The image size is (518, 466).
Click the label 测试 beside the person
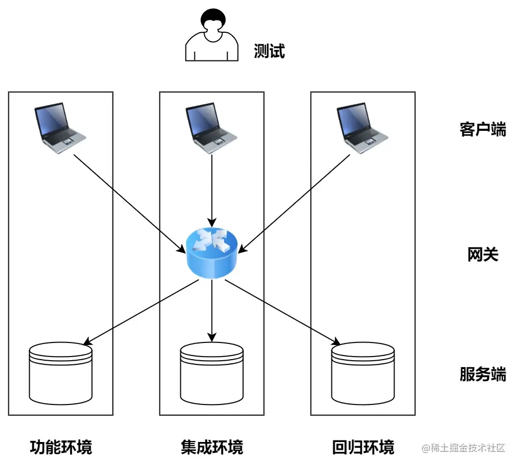(x=269, y=51)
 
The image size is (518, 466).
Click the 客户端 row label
(x=483, y=129)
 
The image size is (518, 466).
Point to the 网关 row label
(x=483, y=255)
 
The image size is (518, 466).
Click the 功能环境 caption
(x=61, y=447)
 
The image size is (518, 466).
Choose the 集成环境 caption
(x=212, y=447)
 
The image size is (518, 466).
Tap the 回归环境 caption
(x=363, y=447)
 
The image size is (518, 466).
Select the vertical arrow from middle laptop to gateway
(x=212, y=188)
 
